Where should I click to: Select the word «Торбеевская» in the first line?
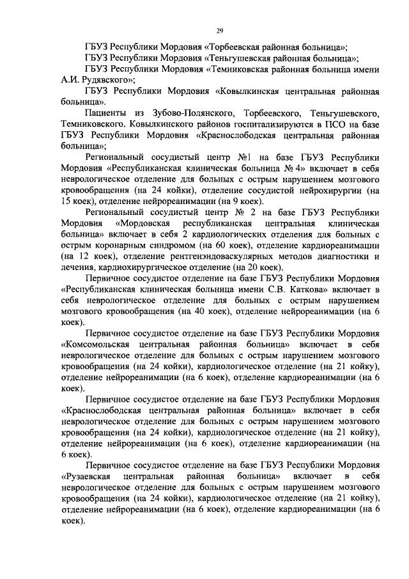(x=238, y=47)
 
